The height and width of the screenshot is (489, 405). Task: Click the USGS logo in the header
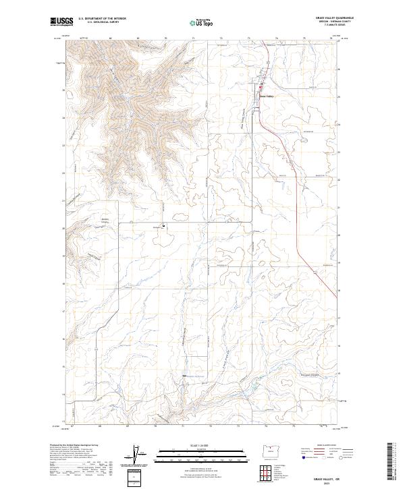62,22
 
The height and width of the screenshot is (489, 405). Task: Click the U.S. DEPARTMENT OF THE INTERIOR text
102,19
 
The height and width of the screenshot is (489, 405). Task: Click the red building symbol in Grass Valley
263,86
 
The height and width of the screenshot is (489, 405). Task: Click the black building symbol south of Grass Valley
163,226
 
